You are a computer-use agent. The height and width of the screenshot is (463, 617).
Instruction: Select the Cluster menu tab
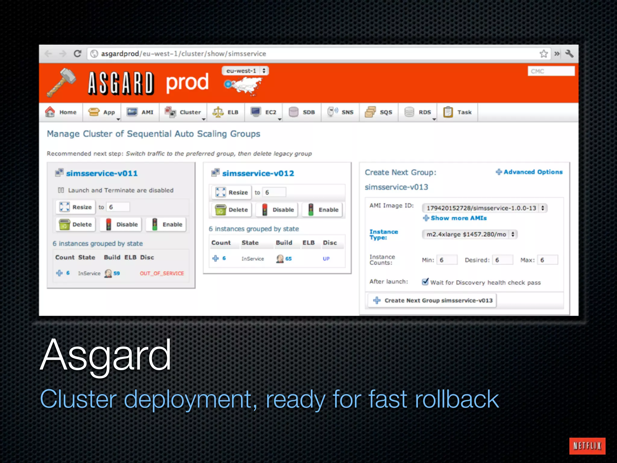point(183,112)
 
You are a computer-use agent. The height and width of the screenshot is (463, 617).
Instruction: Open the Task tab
point(457,112)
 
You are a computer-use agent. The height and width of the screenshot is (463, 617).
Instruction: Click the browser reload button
point(77,54)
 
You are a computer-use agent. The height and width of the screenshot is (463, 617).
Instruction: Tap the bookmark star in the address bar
point(543,54)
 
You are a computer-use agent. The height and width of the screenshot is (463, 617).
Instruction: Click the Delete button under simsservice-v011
point(76,225)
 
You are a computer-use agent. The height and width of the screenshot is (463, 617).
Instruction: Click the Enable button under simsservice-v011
point(167,225)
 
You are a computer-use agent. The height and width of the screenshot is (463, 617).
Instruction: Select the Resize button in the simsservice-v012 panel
point(232,192)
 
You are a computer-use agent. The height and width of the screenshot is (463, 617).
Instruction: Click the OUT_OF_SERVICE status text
point(161,273)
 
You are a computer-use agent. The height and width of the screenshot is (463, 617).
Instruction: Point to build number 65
point(288,259)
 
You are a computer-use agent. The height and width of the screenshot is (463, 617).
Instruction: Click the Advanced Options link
point(529,172)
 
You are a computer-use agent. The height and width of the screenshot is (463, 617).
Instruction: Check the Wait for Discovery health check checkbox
point(425,282)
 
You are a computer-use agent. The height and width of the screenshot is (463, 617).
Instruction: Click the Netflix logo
point(587,446)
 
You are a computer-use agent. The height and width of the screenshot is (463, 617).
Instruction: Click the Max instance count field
point(548,260)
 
